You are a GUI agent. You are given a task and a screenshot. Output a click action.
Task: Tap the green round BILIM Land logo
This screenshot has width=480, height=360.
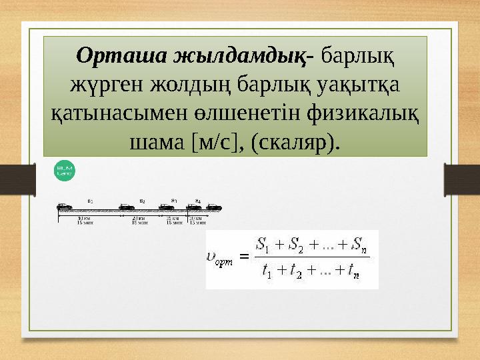pyautogui.click(x=65, y=171)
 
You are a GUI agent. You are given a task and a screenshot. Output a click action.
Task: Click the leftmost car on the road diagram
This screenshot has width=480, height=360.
pyautogui.click(x=65, y=207)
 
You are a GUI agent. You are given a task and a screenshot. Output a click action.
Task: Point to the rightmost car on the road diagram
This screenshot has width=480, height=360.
pyautogui.click(x=213, y=207)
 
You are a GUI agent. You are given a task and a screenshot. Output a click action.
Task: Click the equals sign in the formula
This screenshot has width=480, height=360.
pyautogui.click(x=243, y=257)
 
